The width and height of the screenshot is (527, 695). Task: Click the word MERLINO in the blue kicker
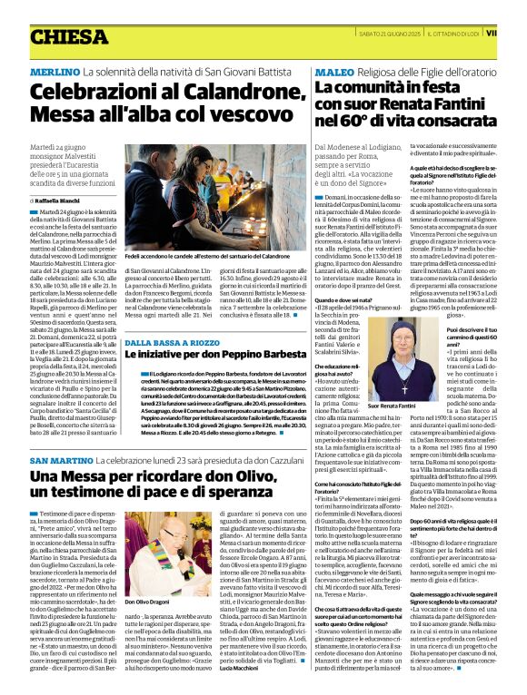tap(54, 71)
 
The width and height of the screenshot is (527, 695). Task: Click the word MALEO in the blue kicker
tap(334, 71)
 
